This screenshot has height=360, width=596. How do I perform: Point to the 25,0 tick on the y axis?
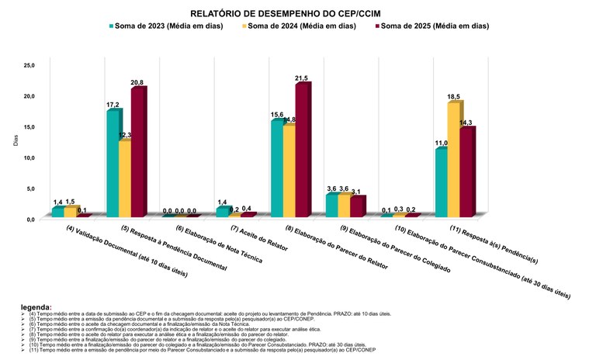point(29,64)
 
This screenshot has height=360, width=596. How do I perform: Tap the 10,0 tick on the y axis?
point(29,157)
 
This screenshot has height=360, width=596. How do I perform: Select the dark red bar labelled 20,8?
point(138,153)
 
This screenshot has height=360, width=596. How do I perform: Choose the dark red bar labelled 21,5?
point(302,150)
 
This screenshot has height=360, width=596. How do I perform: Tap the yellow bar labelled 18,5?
point(454,159)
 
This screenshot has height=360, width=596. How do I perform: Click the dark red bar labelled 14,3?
point(466,171)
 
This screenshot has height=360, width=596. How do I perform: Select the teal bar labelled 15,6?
point(277,168)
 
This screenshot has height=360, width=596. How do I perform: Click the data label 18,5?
point(453,97)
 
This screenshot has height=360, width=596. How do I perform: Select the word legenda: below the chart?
point(36,307)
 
